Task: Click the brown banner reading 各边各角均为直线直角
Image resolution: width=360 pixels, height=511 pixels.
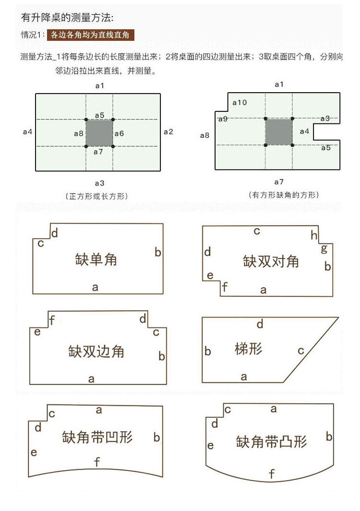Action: [x=90, y=35]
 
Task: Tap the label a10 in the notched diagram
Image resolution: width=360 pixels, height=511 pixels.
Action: [x=240, y=102]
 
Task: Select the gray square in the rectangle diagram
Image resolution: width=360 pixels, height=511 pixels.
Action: [x=99, y=133]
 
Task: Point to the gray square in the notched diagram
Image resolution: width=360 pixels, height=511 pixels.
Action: [x=278, y=132]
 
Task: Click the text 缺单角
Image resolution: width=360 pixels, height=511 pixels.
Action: [x=96, y=260]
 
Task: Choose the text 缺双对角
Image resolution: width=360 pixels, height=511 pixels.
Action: [x=271, y=262]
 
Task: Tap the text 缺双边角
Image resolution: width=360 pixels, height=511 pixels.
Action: [x=96, y=351]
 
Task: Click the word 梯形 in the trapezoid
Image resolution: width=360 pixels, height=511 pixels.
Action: [x=249, y=349]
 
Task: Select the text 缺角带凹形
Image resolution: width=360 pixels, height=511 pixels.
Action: [x=97, y=437]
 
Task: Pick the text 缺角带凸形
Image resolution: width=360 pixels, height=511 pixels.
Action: [x=271, y=441]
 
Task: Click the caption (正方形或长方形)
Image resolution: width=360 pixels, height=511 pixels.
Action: [x=99, y=196]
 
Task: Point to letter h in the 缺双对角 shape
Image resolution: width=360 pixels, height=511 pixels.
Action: [x=314, y=235]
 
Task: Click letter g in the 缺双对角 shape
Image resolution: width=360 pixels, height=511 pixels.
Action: [x=324, y=248]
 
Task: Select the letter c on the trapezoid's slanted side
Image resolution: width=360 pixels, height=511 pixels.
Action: [x=301, y=351]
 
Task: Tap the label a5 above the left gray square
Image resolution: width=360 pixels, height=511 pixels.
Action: [x=99, y=115]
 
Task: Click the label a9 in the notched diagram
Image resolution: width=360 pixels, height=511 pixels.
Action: [x=223, y=119]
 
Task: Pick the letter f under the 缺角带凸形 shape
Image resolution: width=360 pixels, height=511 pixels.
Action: [x=272, y=474]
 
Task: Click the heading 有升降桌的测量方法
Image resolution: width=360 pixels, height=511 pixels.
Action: [x=67, y=18]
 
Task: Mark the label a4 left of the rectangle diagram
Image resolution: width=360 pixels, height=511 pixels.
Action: [x=27, y=131]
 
